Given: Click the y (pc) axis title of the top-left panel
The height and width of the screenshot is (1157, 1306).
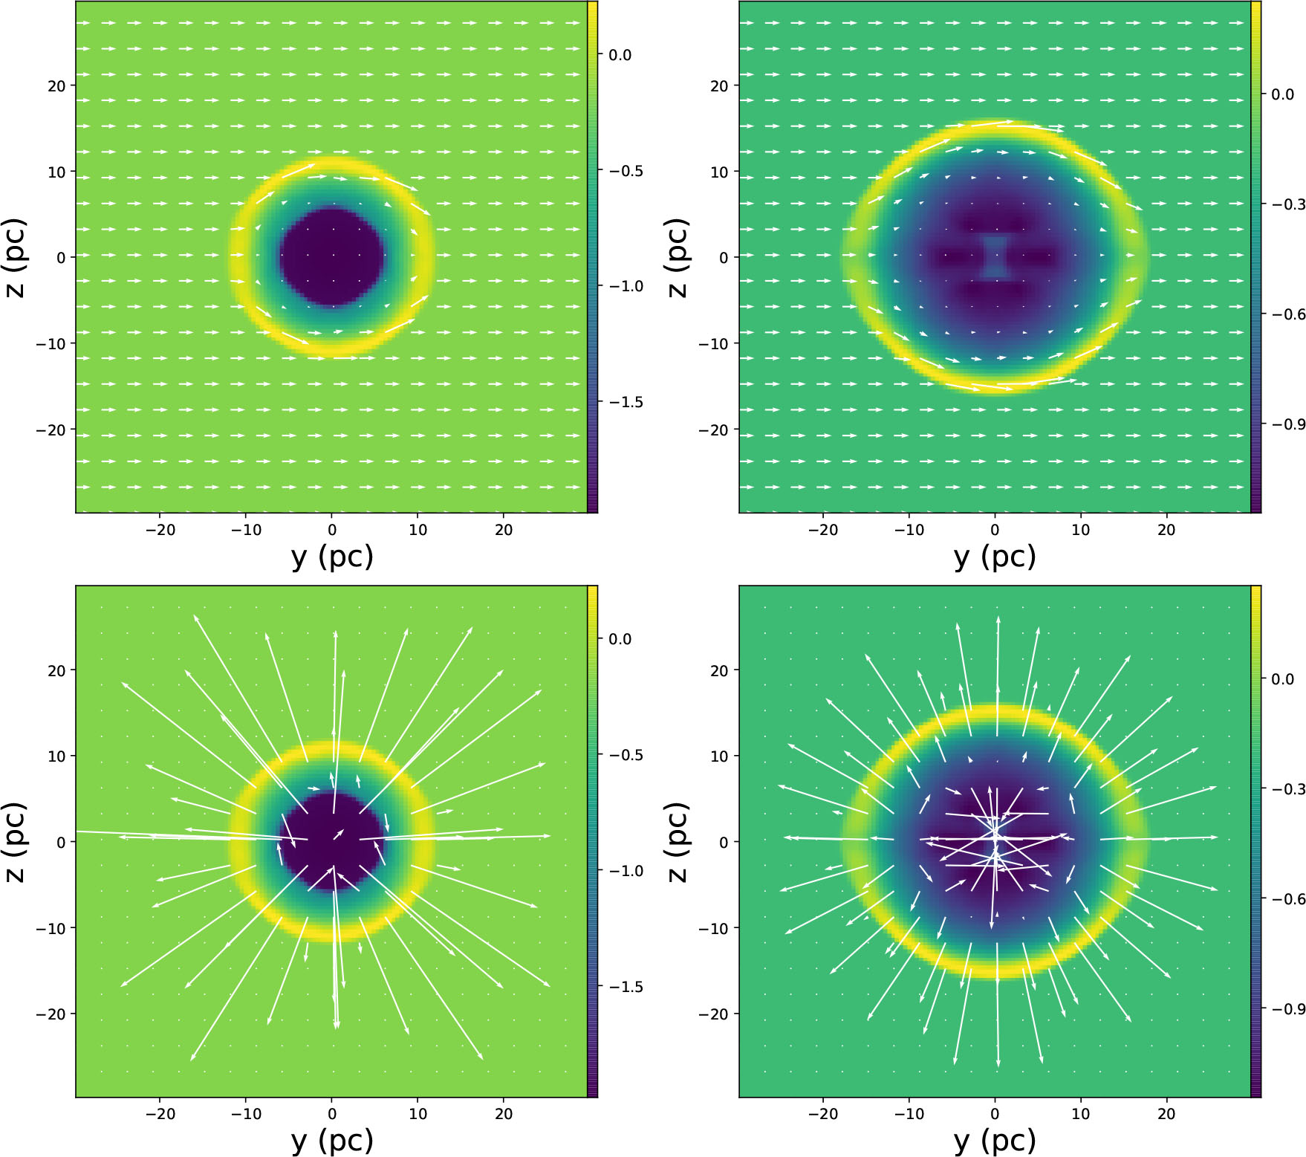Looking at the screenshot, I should (x=332, y=557).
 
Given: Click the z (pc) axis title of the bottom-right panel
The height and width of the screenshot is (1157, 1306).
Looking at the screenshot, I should (x=678, y=842).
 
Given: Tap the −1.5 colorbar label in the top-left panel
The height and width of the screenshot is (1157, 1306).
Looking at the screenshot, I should (x=626, y=402).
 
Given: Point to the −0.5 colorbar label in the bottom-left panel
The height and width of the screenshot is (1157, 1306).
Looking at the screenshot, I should (x=626, y=755).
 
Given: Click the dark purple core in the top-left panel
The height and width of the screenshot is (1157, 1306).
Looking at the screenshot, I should (x=332, y=257).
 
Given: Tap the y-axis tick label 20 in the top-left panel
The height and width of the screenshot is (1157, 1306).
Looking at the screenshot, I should (x=56, y=85).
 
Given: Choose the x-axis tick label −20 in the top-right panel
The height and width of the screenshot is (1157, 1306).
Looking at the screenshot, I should (x=822, y=530).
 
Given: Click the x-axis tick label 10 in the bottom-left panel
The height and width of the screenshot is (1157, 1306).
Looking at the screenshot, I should (x=418, y=1114).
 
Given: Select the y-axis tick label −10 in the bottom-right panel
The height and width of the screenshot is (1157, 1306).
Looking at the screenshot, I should (x=714, y=928).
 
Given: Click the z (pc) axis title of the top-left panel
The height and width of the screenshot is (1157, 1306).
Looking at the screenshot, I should (x=15, y=257).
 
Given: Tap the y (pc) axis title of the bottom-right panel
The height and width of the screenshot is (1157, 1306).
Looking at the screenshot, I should (x=995, y=1141).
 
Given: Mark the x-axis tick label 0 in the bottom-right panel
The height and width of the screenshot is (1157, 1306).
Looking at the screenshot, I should (x=995, y=1114).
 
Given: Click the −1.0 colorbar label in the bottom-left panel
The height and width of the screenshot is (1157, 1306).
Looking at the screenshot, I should (x=626, y=871).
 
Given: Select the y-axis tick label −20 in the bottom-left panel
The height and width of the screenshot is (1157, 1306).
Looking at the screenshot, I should (x=51, y=1014).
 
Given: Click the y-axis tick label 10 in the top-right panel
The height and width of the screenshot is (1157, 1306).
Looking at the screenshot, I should (x=719, y=172).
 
